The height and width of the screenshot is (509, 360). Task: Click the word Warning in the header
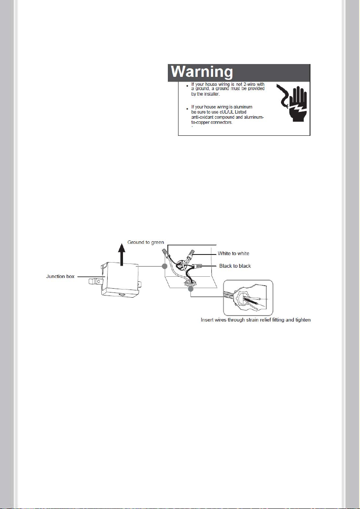click(x=202, y=72)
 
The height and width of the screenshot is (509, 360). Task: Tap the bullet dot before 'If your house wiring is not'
click(x=185, y=86)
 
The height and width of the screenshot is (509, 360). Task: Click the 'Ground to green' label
click(x=146, y=242)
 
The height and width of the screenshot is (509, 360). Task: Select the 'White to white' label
click(x=234, y=254)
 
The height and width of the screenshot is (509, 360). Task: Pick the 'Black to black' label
click(x=235, y=266)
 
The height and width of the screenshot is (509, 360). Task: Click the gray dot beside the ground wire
click(x=164, y=266)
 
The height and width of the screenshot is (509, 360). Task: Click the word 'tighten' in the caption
click(x=303, y=320)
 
